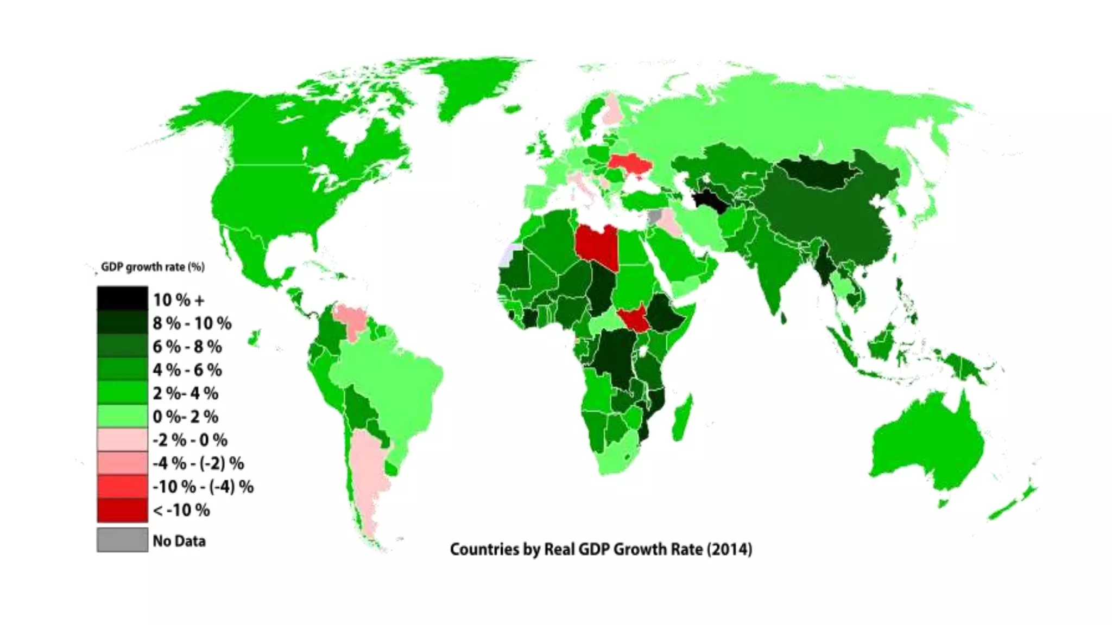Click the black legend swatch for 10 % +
[x=122, y=298]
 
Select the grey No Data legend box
[x=122, y=540]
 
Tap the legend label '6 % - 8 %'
[x=187, y=347]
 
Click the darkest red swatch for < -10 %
[x=122, y=510]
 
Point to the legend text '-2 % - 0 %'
[x=190, y=440]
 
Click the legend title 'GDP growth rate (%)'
[x=153, y=267]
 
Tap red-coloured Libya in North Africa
[x=596, y=245]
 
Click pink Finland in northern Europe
[x=614, y=109]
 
